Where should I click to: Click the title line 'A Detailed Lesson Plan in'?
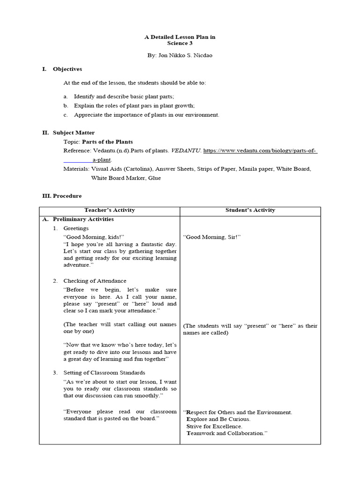point(180,37)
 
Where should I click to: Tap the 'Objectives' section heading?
point(67,69)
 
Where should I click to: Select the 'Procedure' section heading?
point(67,195)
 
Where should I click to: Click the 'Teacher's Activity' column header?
point(109,210)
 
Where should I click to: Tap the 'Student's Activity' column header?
point(250,210)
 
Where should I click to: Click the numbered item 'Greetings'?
point(76,228)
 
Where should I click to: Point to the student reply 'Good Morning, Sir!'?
point(212,237)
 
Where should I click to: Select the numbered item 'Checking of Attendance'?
point(95,281)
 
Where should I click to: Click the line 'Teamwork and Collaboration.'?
point(226,434)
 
